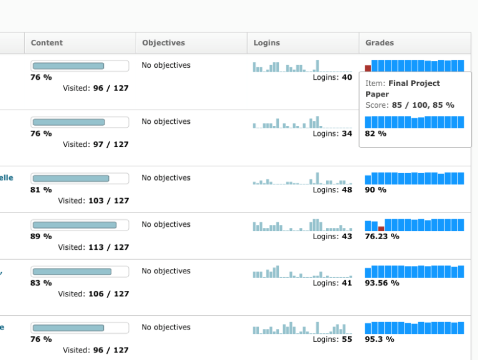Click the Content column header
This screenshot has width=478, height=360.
click(47, 43)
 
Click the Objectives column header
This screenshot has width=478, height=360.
click(163, 43)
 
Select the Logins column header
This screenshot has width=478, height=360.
click(266, 43)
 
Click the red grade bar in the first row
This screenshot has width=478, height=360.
click(368, 69)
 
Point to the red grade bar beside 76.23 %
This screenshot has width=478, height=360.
click(381, 229)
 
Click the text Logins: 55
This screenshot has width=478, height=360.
click(332, 339)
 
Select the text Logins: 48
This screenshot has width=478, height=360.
click(332, 190)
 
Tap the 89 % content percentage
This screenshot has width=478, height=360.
click(41, 237)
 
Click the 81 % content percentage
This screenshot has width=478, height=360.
click(41, 190)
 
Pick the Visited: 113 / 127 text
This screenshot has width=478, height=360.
click(93, 247)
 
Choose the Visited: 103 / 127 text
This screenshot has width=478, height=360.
click(93, 201)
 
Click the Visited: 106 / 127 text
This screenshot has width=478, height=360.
click(93, 294)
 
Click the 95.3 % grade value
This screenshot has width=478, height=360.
click(379, 339)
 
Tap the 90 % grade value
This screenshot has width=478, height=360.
click(375, 190)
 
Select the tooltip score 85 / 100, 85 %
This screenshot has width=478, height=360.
click(423, 105)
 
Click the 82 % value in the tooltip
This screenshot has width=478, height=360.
click(375, 133)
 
